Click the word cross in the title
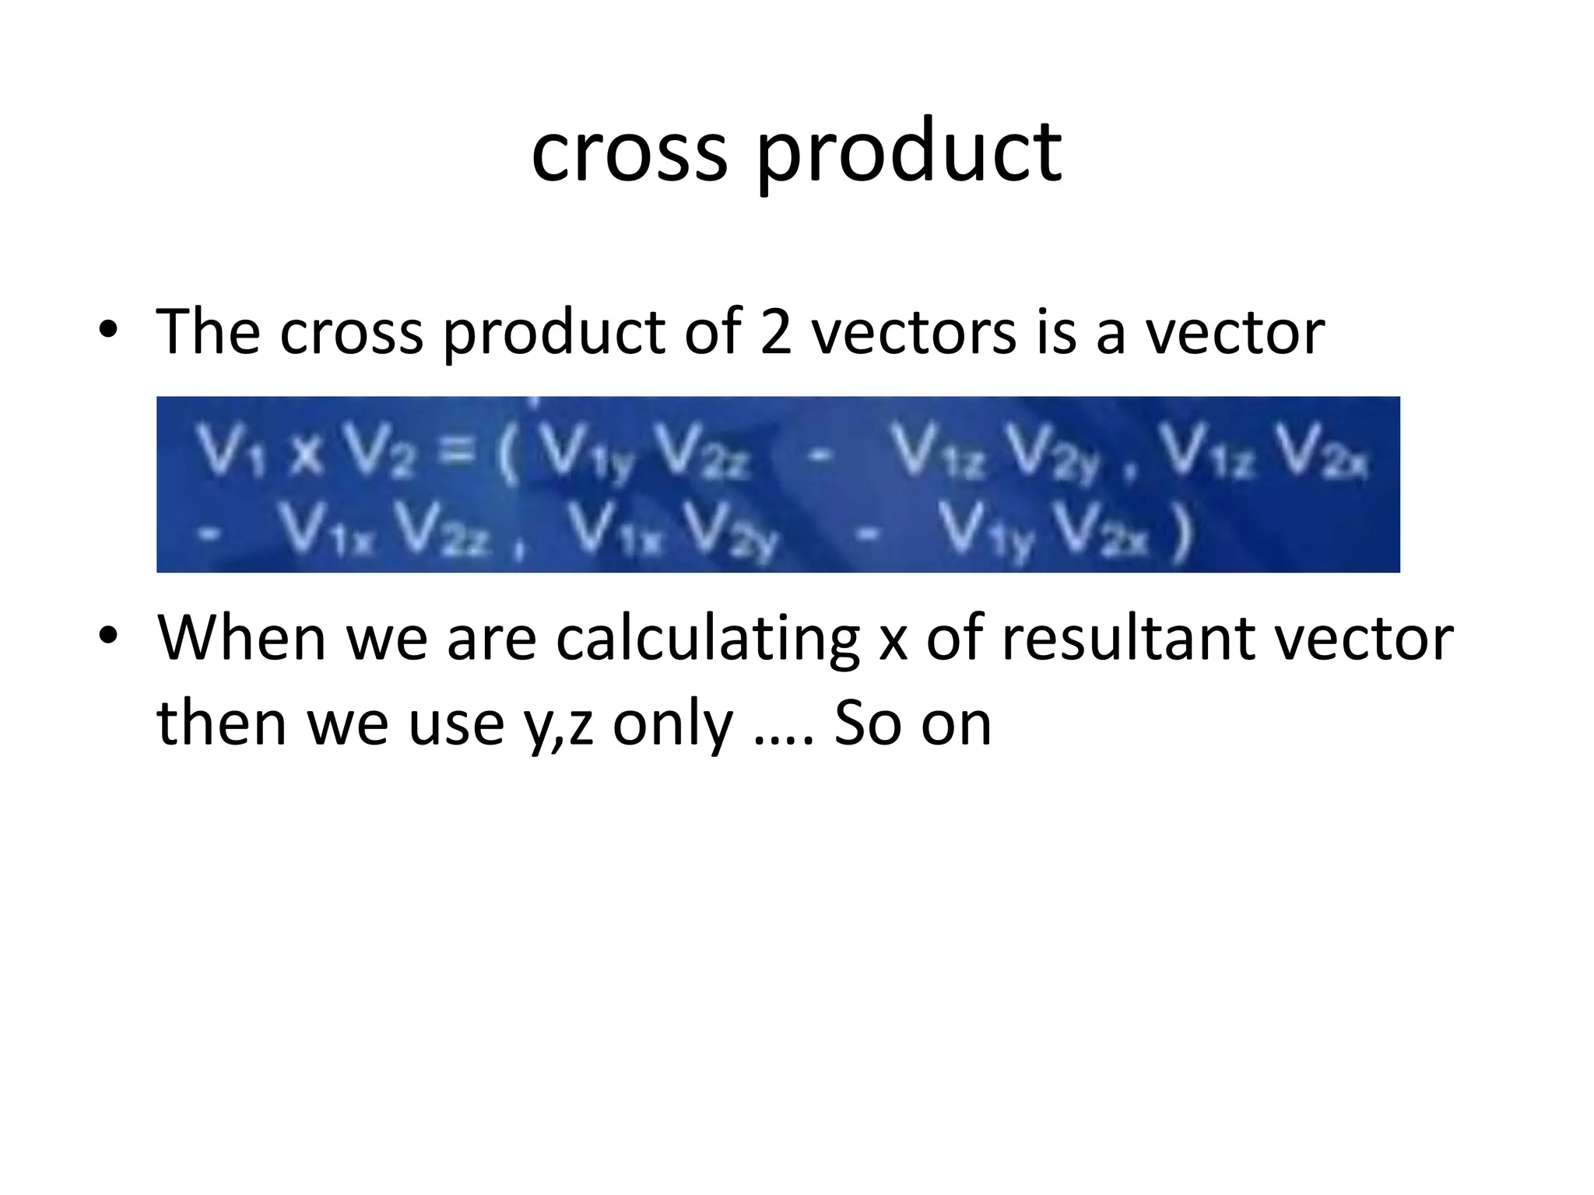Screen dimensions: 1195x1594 [629, 152]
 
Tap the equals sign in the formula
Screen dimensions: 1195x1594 [458, 450]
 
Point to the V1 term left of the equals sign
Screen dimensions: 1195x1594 [231, 451]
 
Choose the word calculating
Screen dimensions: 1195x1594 [707, 641]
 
